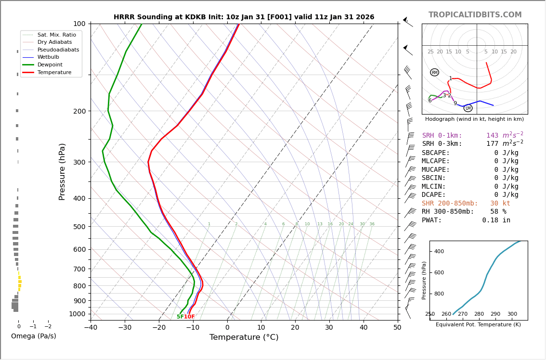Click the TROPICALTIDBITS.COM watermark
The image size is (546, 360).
475,15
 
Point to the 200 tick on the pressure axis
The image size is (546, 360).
79,111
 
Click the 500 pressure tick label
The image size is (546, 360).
79,227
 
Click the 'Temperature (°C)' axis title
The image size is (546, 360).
244,338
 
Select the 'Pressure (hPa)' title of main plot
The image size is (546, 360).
63,171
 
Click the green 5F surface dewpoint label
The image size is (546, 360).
180,317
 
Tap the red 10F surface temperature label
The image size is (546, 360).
189,317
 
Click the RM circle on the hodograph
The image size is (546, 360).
434,73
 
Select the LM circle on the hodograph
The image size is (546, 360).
468,108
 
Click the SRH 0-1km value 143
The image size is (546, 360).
492,136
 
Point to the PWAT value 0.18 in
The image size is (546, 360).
496,220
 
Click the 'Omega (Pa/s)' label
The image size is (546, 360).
34,336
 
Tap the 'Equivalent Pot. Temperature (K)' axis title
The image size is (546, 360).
478,325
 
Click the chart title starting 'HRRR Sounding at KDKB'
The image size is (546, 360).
244,17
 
